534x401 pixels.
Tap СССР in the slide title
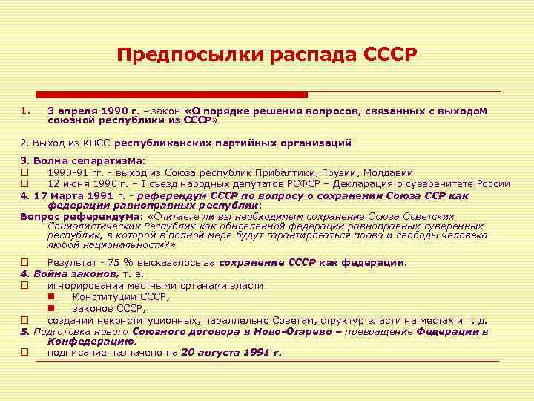[391, 56]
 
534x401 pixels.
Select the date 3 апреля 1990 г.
[93, 111]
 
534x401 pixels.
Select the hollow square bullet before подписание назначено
[25, 353]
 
